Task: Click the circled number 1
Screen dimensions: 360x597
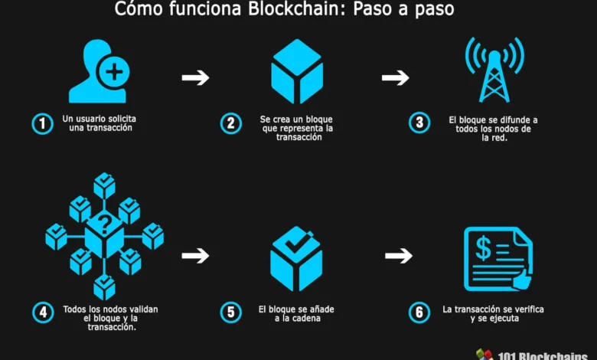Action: pos(42,123)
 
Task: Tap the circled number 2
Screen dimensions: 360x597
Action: pos(230,123)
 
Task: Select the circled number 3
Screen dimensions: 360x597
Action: pos(418,123)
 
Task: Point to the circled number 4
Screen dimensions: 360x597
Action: pos(42,312)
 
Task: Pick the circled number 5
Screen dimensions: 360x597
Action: pos(230,312)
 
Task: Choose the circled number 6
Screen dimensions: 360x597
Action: pos(418,312)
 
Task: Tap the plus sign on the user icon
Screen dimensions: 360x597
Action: pos(114,73)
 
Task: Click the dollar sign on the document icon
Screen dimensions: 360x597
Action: pos(484,247)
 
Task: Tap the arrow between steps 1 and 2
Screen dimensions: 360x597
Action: pos(195,77)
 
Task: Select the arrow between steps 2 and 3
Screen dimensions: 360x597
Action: pos(395,77)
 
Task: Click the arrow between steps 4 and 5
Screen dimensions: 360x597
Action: pos(195,256)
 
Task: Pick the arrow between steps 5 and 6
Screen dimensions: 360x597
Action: pos(398,256)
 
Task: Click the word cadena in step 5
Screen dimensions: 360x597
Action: pos(308,318)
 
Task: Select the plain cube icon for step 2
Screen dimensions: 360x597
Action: pos(296,71)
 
